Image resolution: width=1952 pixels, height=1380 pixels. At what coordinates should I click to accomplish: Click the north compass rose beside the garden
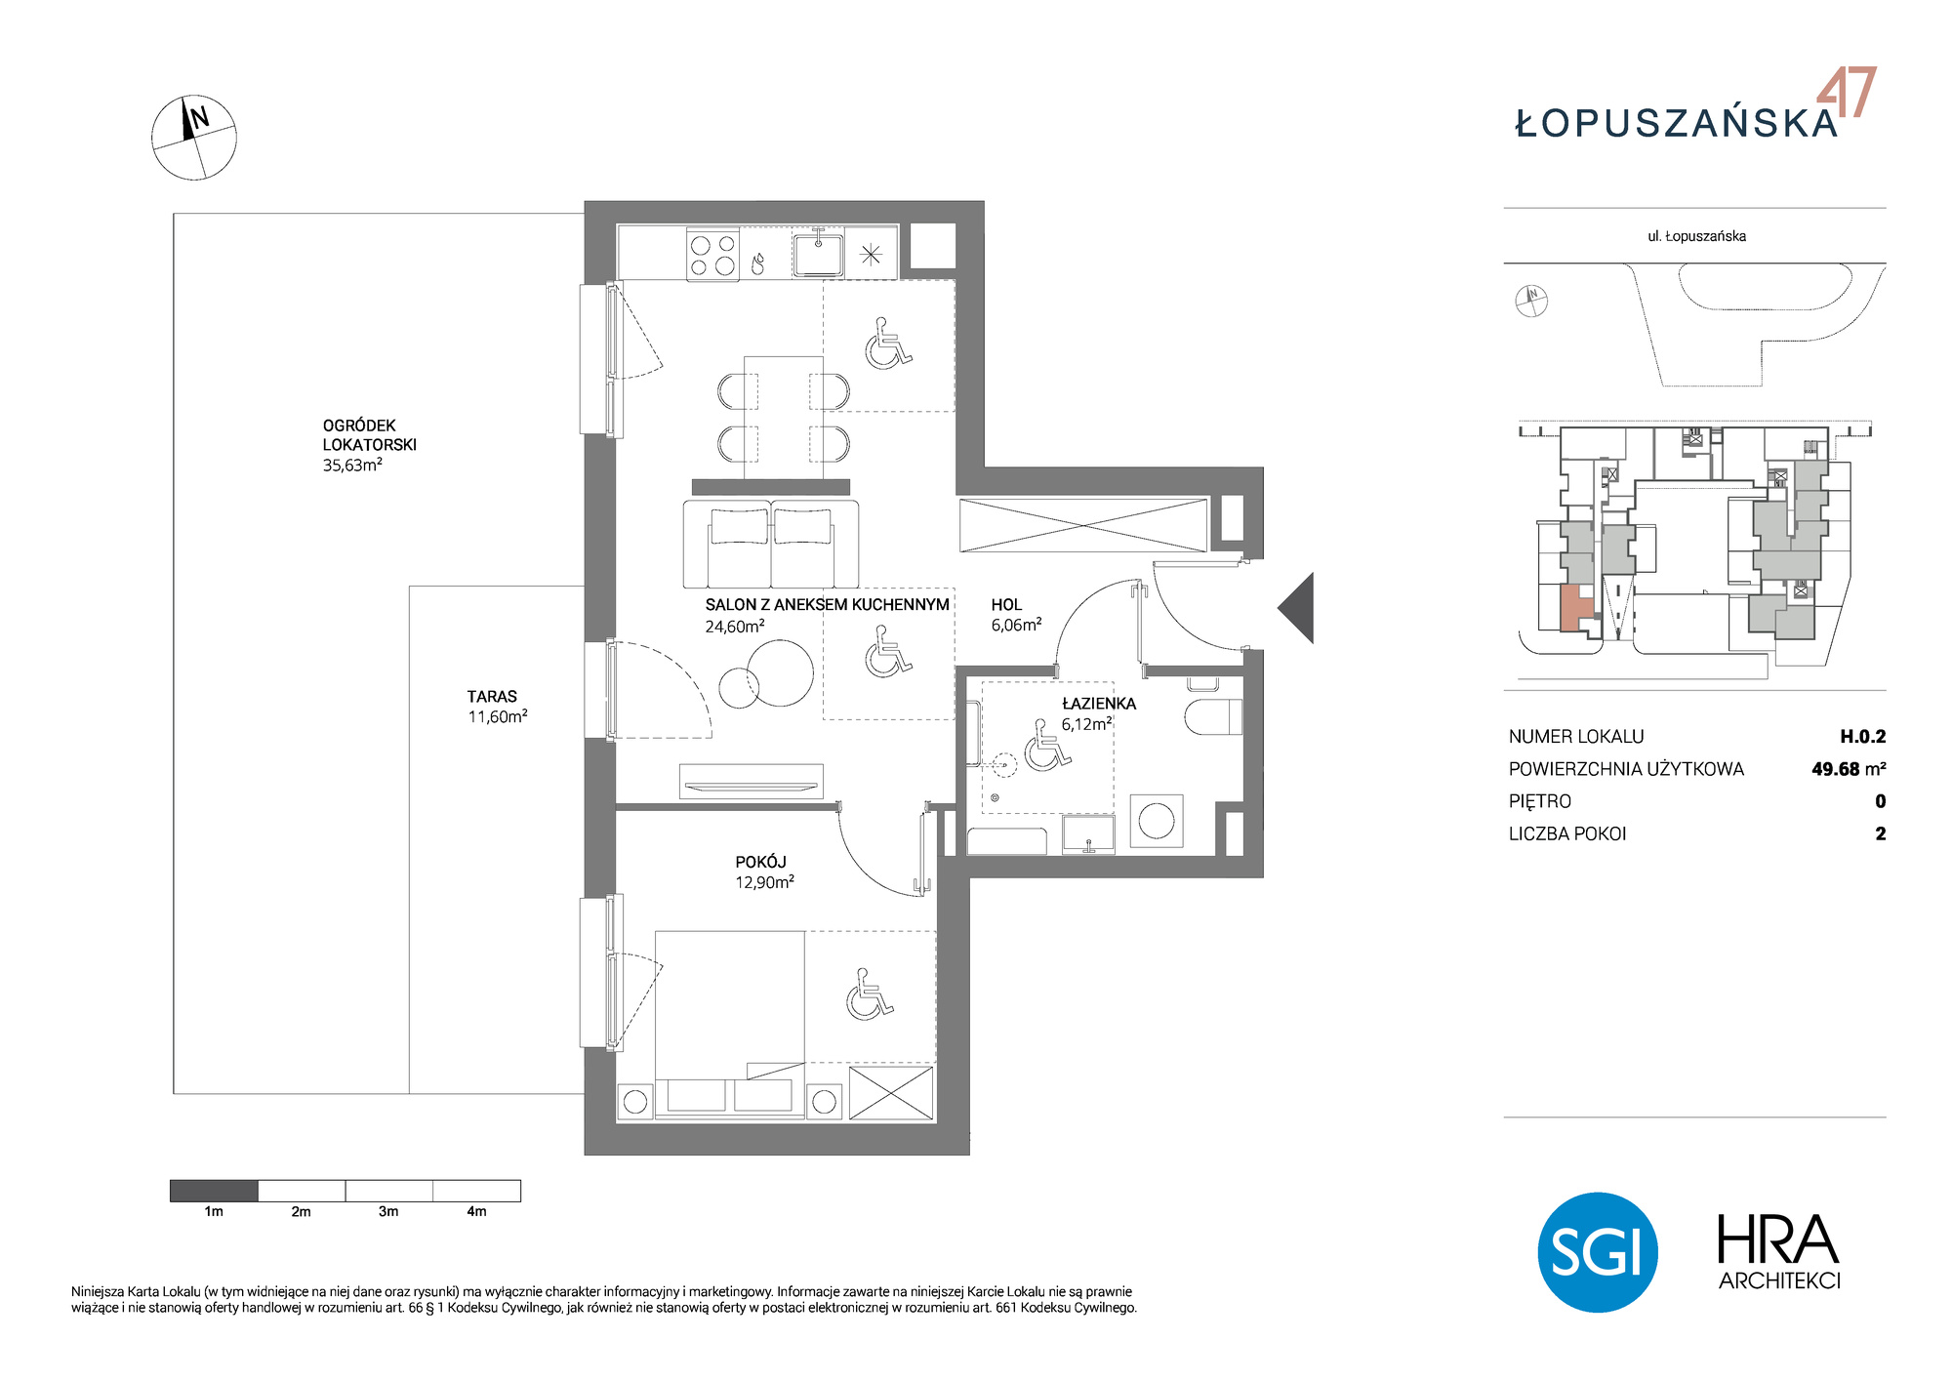coord(193,138)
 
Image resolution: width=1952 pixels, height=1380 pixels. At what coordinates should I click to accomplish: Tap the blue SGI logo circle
coord(1598,1252)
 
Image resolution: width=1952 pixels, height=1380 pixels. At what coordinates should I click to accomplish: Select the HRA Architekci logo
coord(1778,1252)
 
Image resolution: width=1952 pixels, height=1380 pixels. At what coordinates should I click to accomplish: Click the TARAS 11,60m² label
coord(497,707)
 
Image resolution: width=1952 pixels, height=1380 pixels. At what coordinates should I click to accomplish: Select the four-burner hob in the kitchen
coord(712,255)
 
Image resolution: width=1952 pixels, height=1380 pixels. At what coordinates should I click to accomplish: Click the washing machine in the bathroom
coord(1157,821)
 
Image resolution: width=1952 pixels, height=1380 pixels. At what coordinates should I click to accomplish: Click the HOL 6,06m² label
coord(1016,615)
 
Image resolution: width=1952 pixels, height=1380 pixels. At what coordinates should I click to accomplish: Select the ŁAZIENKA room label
coord(1099,704)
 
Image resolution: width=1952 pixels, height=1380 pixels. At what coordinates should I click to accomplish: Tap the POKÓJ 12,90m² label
coord(764,872)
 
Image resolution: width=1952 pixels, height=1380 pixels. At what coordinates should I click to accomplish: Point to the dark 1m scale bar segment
coord(214,1191)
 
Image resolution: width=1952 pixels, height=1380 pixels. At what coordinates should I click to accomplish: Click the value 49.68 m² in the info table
coord(1849,769)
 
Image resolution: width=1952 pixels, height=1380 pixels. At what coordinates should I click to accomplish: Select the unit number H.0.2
coord(1863,737)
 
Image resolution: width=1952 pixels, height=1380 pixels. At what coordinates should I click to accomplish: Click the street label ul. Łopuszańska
coord(1696,236)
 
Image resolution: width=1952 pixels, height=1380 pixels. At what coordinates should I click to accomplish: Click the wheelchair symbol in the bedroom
coord(869,994)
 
